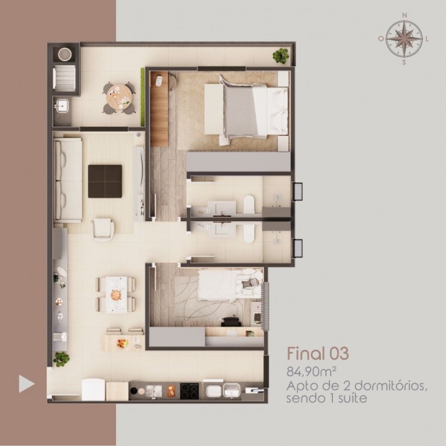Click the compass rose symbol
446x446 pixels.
pyautogui.click(x=404, y=38)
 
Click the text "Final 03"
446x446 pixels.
pyautogui.click(x=318, y=353)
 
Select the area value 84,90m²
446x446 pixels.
pyautogui.click(x=312, y=372)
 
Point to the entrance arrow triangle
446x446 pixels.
pyautogui.click(x=27, y=384)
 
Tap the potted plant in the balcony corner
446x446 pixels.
pyautogui.click(x=281, y=56)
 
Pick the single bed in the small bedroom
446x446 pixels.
pyautogui.click(x=230, y=285)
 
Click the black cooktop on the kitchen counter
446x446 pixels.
pyautogui.click(x=189, y=391)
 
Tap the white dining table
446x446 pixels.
pyautogui.click(x=117, y=294)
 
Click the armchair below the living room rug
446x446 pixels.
pyautogui.click(x=103, y=230)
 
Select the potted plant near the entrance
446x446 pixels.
pyautogui.click(x=61, y=359)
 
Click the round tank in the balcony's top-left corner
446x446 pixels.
pyautogui.click(x=64, y=54)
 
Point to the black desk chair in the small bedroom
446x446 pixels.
pyautogui.click(x=231, y=321)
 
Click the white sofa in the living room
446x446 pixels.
pyautogui.click(x=68, y=180)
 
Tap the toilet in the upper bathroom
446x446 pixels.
pyautogui.click(x=249, y=204)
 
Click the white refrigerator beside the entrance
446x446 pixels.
pyautogui.click(x=93, y=390)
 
